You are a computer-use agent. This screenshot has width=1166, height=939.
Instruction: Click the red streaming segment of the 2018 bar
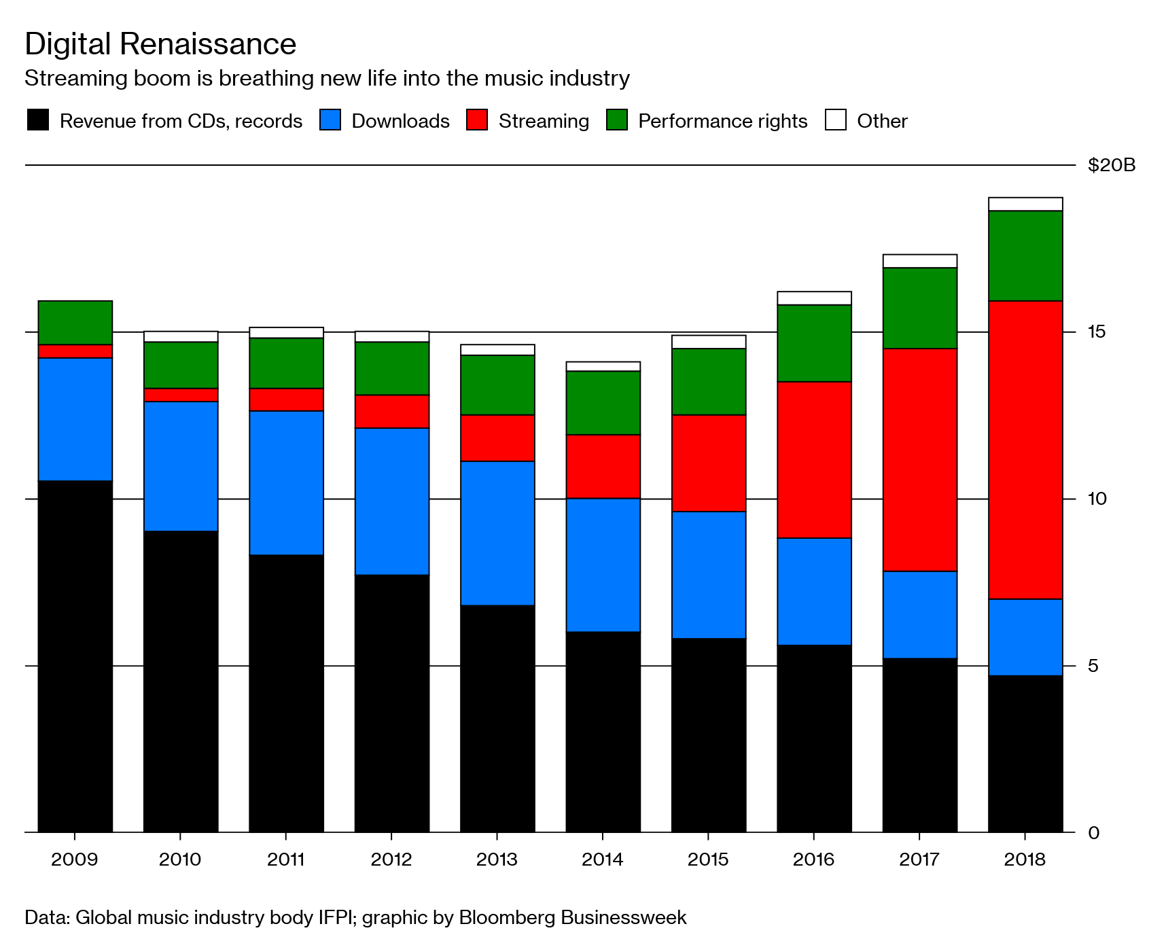(x=1025, y=449)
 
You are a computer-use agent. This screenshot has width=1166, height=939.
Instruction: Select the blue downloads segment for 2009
(x=75, y=419)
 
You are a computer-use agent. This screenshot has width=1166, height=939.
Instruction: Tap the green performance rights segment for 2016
(x=814, y=343)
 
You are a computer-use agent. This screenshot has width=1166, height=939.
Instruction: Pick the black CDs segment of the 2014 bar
(x=603, y=731)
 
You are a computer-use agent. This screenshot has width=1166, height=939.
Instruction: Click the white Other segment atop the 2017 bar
(x=919, y=261)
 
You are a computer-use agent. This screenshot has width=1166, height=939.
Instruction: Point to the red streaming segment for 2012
(x=392, y=411)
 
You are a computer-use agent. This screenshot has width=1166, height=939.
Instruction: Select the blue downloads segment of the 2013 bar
(x=497, y=533)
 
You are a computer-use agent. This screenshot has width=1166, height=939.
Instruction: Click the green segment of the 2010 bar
(x=181, y=365)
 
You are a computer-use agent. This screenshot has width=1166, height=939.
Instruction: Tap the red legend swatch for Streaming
(x=477, y=120)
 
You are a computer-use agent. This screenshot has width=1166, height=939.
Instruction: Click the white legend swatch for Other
(x=835, y=120)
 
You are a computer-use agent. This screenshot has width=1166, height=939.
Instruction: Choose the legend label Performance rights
(x=722, y=121)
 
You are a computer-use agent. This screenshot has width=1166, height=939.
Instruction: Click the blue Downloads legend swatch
(x=330, y=120)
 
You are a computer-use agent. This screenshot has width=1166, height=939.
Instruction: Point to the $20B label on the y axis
(x=1111, y=165)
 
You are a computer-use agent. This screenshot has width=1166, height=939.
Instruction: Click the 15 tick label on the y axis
(x=1096, y=332)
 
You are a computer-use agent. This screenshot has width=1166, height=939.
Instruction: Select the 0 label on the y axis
(x=1093, y=833)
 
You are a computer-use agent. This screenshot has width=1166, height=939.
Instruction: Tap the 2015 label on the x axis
(x=708, y=860)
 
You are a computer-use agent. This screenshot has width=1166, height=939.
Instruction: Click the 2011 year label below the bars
(x=286, y=860)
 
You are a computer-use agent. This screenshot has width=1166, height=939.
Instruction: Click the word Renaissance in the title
(x=207, y=44)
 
